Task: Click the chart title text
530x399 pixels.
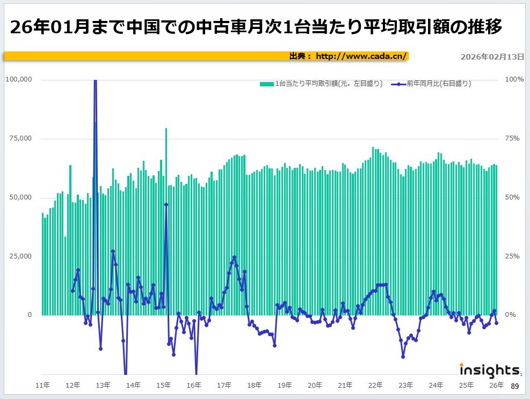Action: tap(257, 27)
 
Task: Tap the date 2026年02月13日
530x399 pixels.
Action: tap(492, 56)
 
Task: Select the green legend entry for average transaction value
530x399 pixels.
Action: tap(321, 84)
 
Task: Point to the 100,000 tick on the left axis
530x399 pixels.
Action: tap(19, 79)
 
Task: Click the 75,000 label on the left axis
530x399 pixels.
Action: tap(21, 138)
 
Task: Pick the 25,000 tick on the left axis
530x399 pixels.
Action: tap(21, 256)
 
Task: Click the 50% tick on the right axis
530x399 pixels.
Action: tap(514, 197)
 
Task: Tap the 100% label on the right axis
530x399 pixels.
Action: tap(514, 79)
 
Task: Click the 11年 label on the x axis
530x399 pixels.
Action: tap(43, 385)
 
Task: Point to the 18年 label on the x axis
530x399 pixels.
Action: tap(255, 385)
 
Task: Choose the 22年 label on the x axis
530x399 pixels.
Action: tap(376, 385)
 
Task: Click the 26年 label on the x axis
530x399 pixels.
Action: tap(497, 385)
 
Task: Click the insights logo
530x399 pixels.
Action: tap(489, 370)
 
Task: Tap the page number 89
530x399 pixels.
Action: tap(514, 387)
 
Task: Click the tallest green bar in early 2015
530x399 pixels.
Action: tap(166, 215)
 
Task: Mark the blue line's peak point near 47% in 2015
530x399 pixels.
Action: tap(166, 204)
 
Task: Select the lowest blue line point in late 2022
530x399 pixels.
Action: tap(403, 357)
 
